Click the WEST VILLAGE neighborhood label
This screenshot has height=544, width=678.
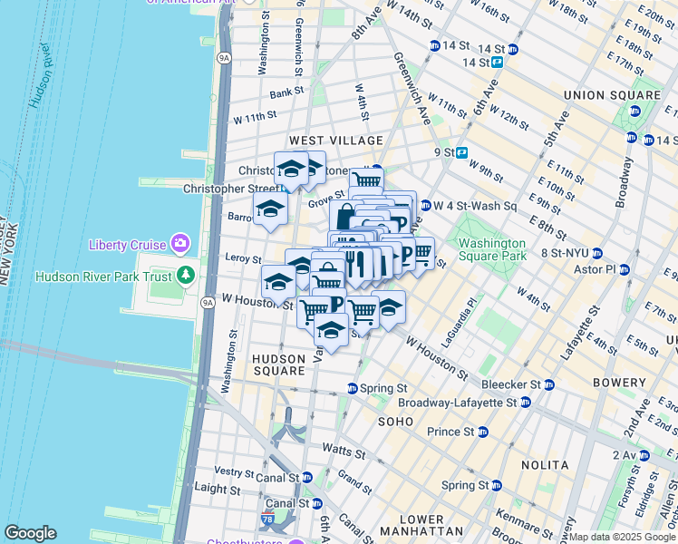coord(336,141)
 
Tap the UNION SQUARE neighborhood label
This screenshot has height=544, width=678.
coord(612,95)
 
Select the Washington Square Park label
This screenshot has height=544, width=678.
coord(491,249)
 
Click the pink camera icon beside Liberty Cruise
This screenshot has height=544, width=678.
coord(180,244)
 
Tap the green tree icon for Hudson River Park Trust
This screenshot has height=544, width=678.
coord(186,273)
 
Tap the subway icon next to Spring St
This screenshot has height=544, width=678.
coord(353,389)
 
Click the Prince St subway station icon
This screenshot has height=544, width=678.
coord(482,432)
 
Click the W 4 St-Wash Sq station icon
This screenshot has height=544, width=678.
coord(424,206)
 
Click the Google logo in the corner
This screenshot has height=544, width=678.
coord(30,533)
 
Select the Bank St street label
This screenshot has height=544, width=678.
coord(286,92)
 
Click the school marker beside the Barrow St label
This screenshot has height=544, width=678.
coord(270,209)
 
